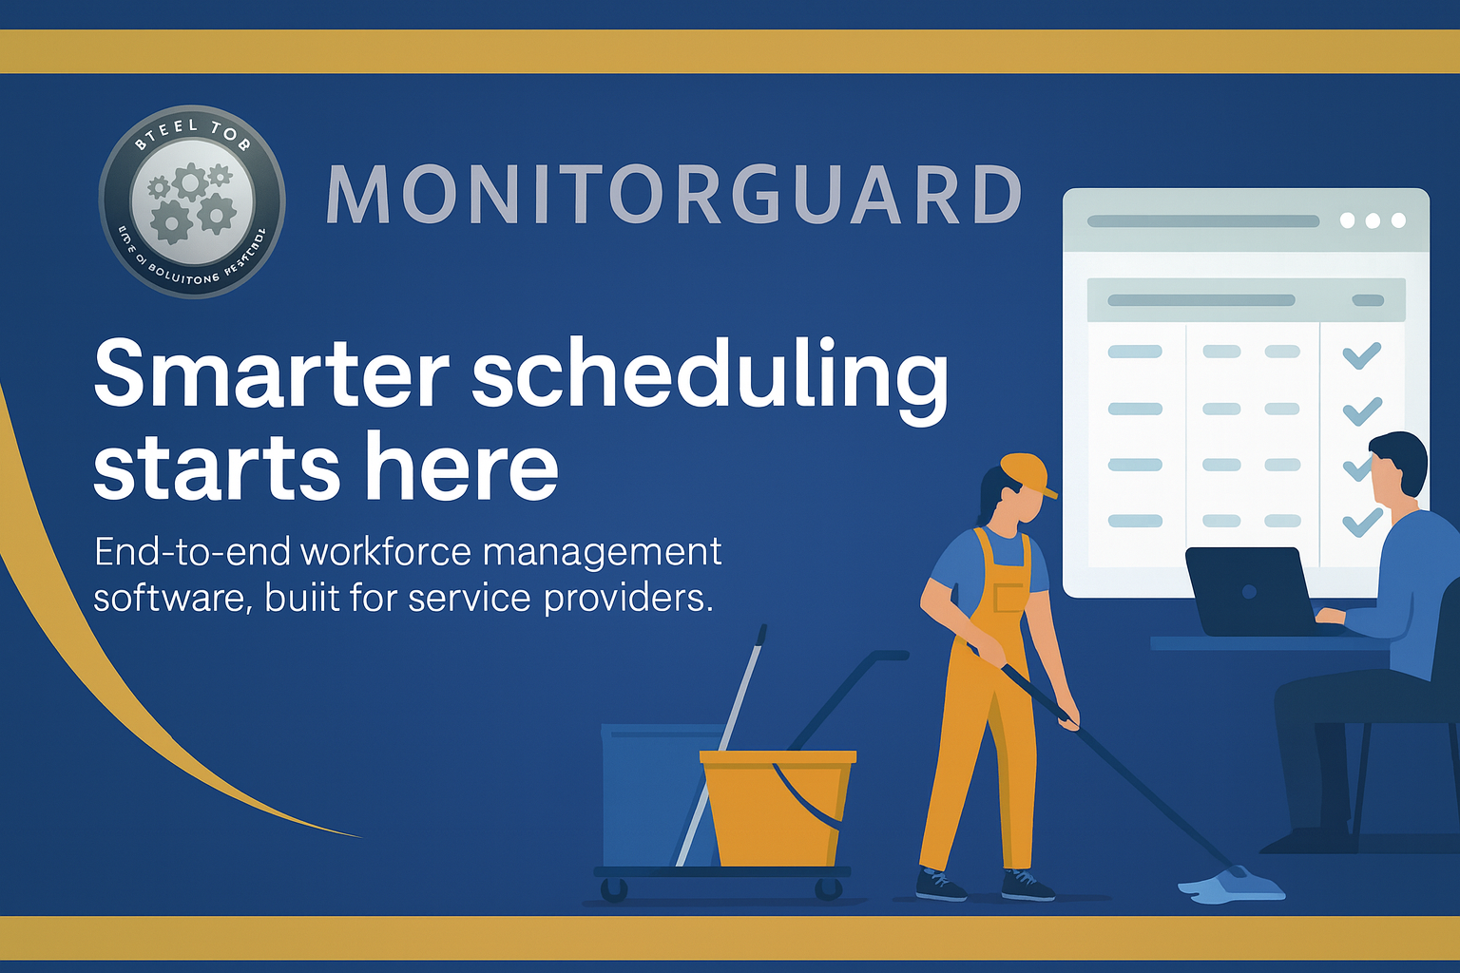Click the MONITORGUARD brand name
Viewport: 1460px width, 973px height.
point(673,195)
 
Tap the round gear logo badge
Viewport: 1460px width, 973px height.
point(192,201)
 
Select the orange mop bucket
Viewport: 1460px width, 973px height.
point(778,808)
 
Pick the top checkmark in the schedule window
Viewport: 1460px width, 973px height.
point(1361,355)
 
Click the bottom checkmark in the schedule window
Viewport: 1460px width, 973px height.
point(1361,522)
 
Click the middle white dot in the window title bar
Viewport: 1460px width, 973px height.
point(1373,220)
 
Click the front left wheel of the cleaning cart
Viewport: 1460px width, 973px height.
point(614,890)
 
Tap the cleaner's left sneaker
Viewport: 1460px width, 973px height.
point(940,886)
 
